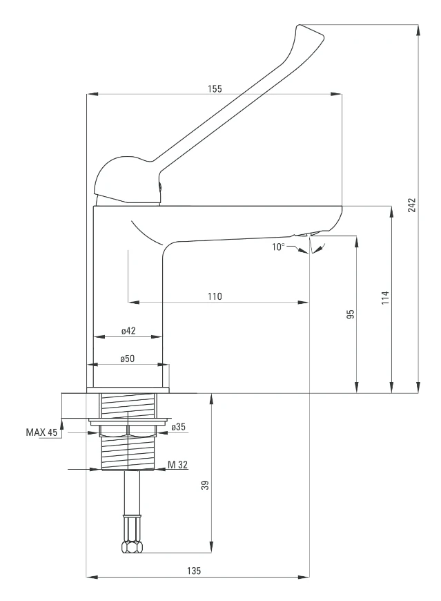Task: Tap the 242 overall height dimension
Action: pyautogui.click(x=411, y=206)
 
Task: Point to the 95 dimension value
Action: pyautogui.click(x=350, y=314)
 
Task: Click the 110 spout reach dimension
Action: pyautogui.click(x=215, y=296)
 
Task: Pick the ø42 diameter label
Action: pyautogui.click(x=128, y=331)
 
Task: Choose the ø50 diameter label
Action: pyautogui.click(x=128, y=359)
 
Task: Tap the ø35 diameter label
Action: pyautogui.click(x=179, y=426)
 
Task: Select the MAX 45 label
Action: pyautogui.click(x=41, y=432)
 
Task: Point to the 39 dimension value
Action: pyautogui.click(x=204, y=486)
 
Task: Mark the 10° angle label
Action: pyautogui.click(x=277, y=246)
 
